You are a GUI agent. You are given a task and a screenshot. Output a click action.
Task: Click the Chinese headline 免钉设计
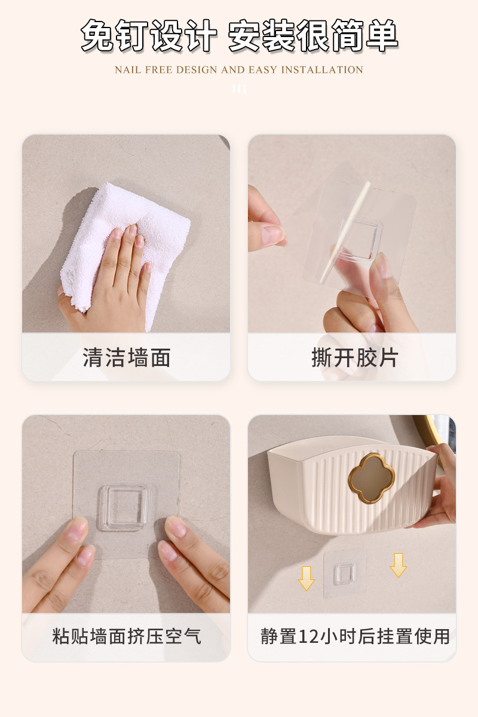coord(148,36)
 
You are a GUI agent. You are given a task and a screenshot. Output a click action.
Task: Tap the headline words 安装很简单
coord(313,36)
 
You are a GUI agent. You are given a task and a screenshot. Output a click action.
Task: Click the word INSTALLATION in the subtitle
coord(322,70)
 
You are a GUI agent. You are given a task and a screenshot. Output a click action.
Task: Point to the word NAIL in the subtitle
coord(127,70)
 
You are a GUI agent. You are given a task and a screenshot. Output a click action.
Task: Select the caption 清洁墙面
coord(126,358)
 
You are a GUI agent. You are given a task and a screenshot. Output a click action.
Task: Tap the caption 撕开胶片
coord(354,358)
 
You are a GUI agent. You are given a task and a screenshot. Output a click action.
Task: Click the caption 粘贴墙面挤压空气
coord(126,636)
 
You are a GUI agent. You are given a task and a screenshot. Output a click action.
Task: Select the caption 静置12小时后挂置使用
coord(355,636)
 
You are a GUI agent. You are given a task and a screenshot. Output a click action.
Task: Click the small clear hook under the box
coord(345,573)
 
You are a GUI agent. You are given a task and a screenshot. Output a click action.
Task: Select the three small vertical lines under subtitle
coord(239,89)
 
